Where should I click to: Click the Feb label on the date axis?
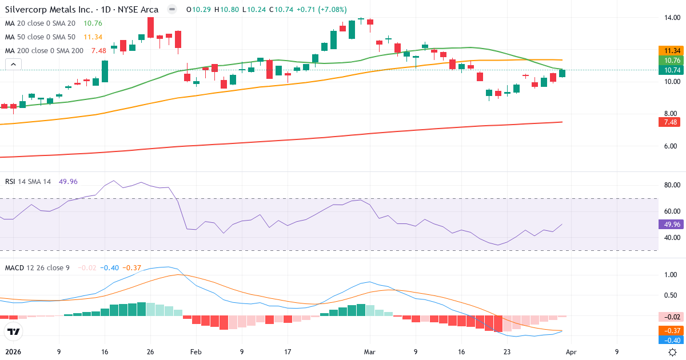pos(196,353)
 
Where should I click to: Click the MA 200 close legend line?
pos(45,50)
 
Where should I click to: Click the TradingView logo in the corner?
pos(14,331)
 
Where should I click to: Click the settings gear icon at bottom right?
pos(673,352)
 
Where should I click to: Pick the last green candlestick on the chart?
pos(563,73)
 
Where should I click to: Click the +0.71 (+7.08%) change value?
pos(322,10)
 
